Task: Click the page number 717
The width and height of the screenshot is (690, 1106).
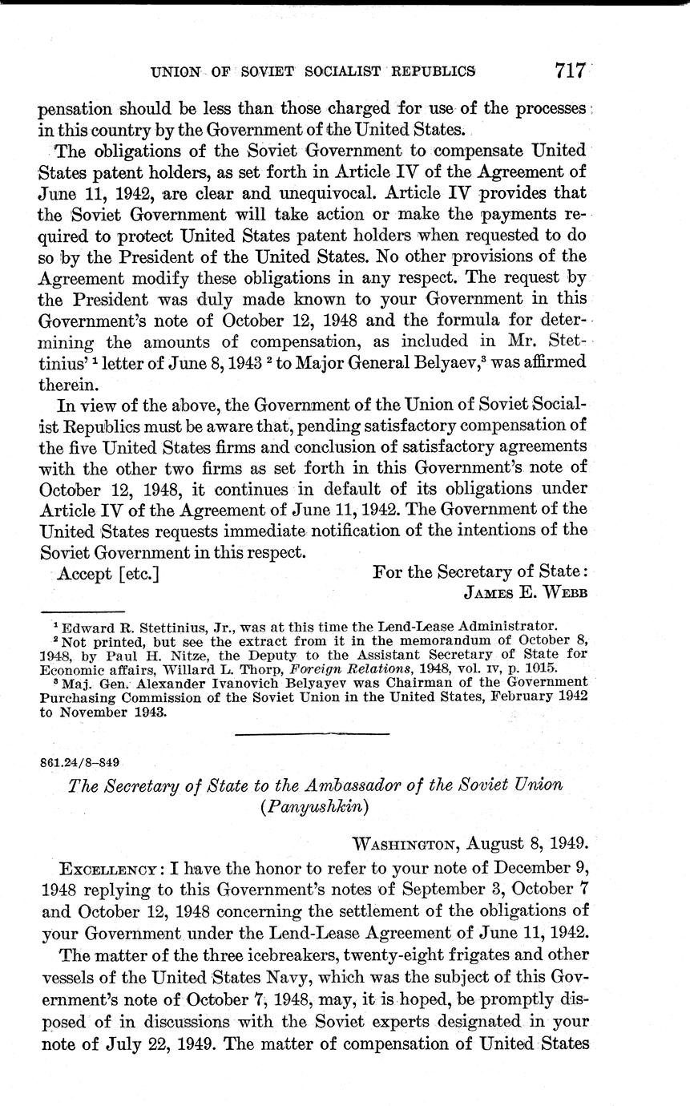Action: [571, 71]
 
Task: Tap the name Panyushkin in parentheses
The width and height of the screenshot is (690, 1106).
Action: [314, 807]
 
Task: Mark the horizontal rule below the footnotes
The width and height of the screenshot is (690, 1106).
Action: [313, 733]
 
